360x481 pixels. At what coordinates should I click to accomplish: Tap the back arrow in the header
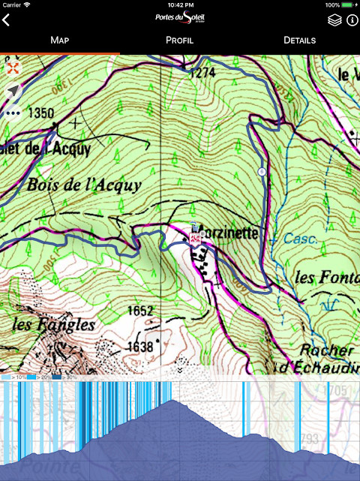[7, 20]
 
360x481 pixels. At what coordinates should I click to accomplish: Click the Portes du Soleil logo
[180, 19]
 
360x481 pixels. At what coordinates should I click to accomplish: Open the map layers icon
[334, 20]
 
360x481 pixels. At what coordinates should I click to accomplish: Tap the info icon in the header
[352, 20]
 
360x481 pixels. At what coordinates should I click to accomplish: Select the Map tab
[59, 40]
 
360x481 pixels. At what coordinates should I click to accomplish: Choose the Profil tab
[179, 40]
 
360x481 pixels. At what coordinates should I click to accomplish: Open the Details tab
[299, 40]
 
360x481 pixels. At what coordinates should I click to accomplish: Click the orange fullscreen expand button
[13, 68]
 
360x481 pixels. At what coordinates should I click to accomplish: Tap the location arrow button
[13, 92]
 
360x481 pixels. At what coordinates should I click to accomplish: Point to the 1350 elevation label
[40, 113]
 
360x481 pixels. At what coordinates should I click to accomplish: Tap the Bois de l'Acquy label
[84, 185]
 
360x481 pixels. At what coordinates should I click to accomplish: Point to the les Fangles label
[53, 325]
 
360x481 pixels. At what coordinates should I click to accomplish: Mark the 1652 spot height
[139, 310]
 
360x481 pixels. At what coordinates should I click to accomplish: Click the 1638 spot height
[139, 346]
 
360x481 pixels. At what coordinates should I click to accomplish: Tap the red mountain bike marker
[195, 239]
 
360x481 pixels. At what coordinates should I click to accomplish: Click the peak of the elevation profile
[174, 401]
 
